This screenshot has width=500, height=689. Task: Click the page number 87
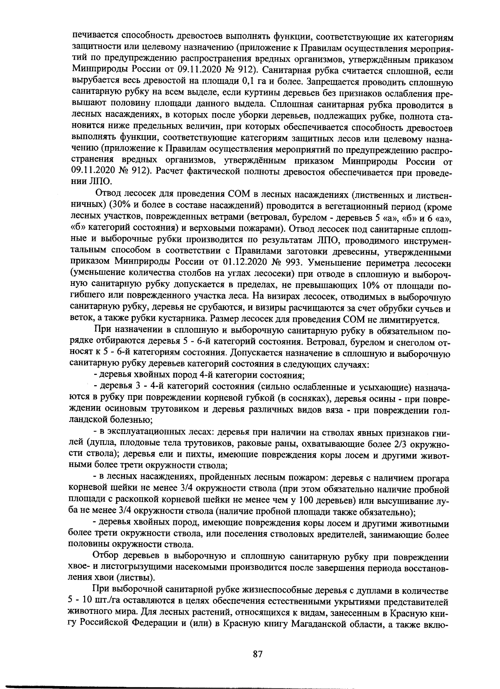[x=257, y=654]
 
